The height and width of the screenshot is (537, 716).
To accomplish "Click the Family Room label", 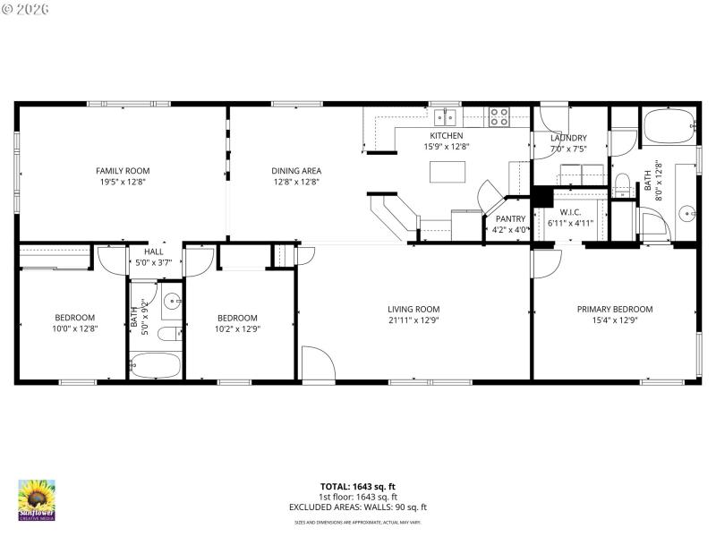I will pyautogui.click(x=123, y=170).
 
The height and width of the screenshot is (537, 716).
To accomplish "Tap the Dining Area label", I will pyautogui.click(x=296, y=170).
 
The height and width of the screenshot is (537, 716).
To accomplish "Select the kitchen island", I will pyautogui.click(x=447, y=170).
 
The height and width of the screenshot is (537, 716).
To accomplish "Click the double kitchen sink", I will pyautogui.click(x=445, y=117).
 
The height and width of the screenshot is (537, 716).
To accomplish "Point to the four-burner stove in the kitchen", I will pyautogui.click(x=499, y=116).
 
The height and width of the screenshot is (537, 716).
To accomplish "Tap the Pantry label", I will pyautogui.click(x=510, y=218).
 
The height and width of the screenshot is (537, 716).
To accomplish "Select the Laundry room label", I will pyautogui.click(x=568, y=137).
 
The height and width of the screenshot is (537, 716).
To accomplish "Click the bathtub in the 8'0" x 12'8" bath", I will pyautogui.click(x=669, y=128).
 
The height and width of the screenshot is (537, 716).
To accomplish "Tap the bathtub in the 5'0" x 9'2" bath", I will pyautogui.click(x=154, y=364).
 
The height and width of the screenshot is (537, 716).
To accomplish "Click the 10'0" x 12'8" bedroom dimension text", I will pyautogui.click(x=74, y=328).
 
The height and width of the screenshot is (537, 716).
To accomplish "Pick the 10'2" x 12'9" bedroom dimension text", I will pyautogui.click(x=237, y=328).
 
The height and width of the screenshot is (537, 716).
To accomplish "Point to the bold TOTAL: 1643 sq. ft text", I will pyautogui.click(x=358, y=486).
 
